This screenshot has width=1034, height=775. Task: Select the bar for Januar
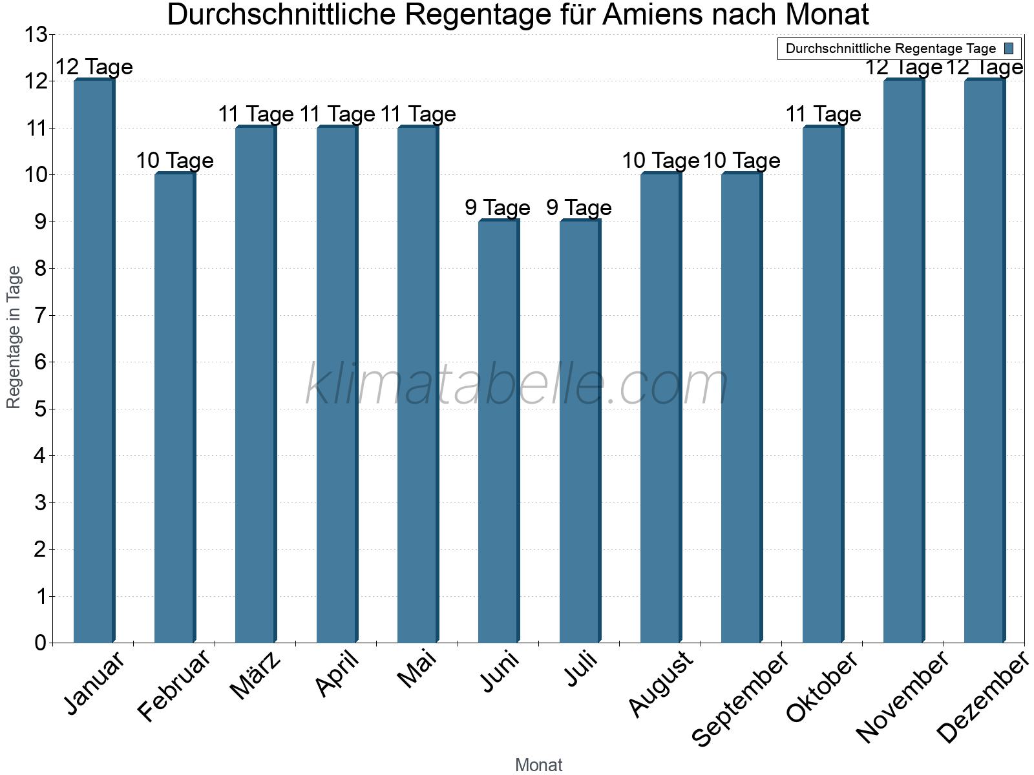pos(94,362)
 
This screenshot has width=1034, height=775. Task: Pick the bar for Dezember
pos(985,362)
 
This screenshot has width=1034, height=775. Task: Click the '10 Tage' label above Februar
pos(174,161)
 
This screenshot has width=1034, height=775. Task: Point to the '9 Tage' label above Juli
pos(579,208)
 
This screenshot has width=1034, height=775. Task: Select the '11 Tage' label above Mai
pos(417,114)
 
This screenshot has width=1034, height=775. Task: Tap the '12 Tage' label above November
pos(903,67)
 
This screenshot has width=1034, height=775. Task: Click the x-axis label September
pos(741,699)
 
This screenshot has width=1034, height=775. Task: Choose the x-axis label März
pos(256,676)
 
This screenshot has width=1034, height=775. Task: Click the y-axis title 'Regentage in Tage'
pos(14,337)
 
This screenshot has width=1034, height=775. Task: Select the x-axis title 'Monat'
pos(538,765)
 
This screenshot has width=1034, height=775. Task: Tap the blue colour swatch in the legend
pos(1009,48)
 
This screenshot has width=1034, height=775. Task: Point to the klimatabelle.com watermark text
pos(517,385)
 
